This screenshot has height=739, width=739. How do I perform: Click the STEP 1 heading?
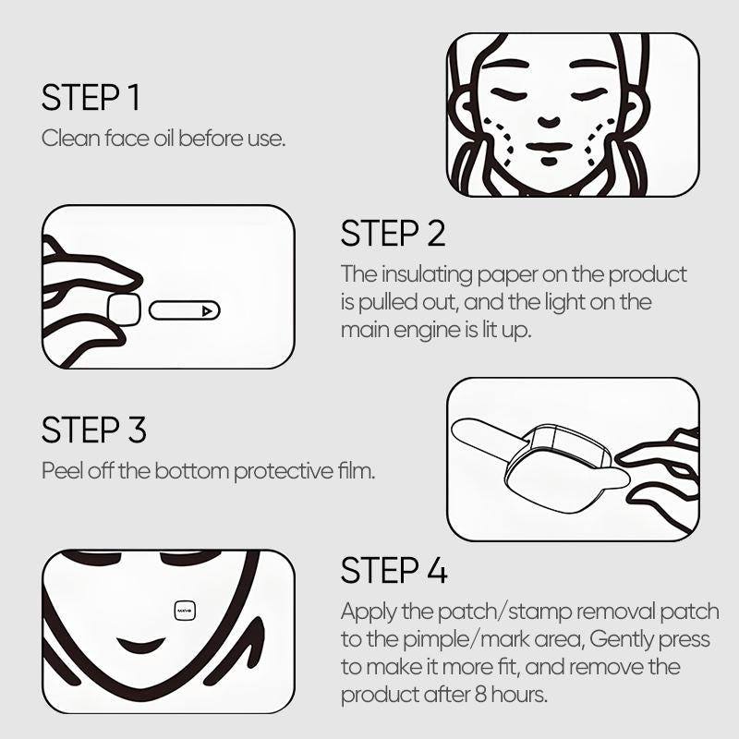click(91, 98)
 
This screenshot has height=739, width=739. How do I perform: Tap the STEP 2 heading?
click(394, 233)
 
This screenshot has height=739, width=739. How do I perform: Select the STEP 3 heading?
click(94, 430)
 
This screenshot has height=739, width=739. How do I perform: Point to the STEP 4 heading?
click(394, 570)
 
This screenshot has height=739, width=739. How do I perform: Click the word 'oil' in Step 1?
click(164, 138)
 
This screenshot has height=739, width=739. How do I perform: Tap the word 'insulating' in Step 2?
click(427, 275)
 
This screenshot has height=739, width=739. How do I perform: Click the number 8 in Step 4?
click(480, 695)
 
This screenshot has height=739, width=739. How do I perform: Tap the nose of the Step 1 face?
click(549, 121)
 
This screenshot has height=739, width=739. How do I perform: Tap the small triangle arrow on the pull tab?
click(206, 311)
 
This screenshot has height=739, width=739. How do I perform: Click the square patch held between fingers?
click(124, 309)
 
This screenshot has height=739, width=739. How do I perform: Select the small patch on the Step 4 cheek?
click(184, 612)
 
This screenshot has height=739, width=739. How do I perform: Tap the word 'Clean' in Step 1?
click(71, 138)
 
